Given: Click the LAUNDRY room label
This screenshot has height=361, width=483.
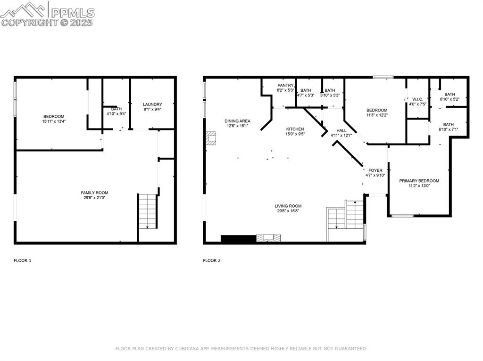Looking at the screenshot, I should pos(152,104).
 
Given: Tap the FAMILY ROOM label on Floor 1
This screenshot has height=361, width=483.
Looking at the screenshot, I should pos(94,193).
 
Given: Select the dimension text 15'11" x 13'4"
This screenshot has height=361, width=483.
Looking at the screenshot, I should pos(54,121).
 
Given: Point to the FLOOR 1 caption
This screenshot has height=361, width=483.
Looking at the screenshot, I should pos(22,260).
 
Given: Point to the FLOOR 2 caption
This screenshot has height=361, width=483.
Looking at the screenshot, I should pos(212,260).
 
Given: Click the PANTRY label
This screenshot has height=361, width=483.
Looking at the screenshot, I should pos(285,85).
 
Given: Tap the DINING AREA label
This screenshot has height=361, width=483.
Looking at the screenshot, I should pos(237,121).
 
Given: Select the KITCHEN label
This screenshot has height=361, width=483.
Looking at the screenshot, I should pos(295,129).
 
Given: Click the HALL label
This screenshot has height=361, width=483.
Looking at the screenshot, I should pos(341,130).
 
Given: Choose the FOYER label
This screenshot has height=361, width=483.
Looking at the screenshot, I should pos(375,170).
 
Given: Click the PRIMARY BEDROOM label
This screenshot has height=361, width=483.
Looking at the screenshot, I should pos(419,181).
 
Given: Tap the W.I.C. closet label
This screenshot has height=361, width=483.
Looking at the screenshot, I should pos(417,99).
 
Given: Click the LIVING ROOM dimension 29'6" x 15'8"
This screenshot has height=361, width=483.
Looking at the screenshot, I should pos(288,211).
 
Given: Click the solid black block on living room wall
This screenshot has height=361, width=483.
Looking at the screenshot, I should pos(238,239).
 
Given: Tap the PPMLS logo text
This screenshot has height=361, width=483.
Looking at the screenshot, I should pos(72,12).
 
